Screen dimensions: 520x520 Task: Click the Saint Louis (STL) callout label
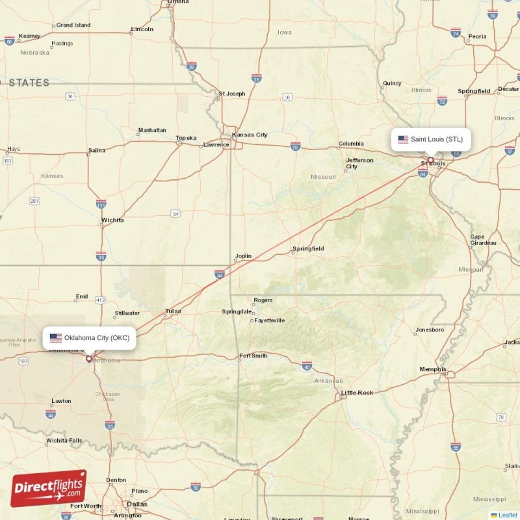point(430,139)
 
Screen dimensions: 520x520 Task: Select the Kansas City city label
point(250,135)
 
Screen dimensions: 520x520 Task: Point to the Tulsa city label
point(173,311)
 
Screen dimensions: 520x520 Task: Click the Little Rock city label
point(357,393)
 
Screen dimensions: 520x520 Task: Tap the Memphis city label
point(433,369)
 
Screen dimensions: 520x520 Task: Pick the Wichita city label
point(112,220)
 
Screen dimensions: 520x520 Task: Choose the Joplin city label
point(243,256)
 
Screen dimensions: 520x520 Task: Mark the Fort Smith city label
point(253,356)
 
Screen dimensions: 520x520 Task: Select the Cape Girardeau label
point(483,240)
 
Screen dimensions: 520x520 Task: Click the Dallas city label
point(137,504)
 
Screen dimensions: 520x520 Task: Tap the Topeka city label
point(186,138)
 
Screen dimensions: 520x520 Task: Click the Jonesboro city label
point(430,330)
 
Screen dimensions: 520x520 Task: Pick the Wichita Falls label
point(64,440)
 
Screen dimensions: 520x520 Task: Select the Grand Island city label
point(73,25)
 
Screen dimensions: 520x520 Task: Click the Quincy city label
point(392,83)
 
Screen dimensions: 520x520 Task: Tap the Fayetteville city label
point(269,320)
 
